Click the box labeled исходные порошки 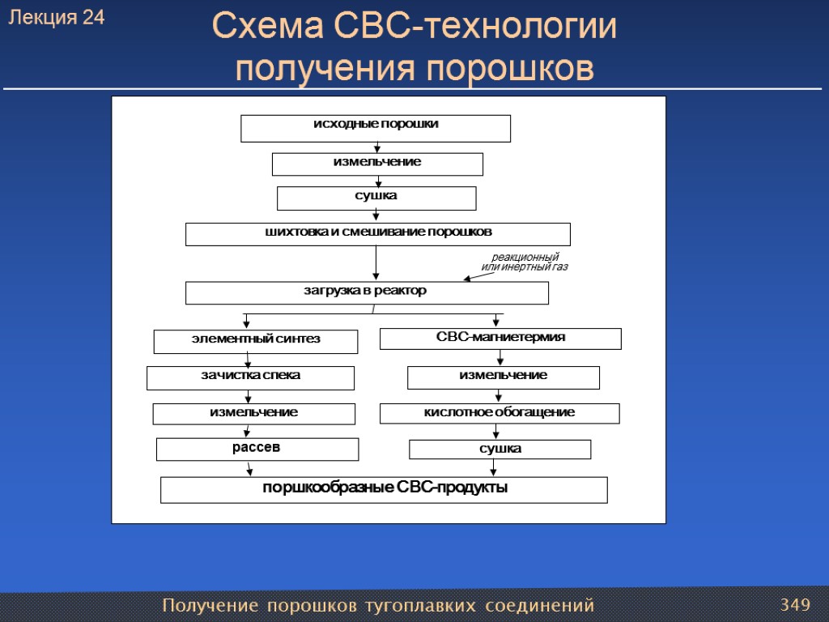376,128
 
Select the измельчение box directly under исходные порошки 377,164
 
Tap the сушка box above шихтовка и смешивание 376,198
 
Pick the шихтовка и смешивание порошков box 378,234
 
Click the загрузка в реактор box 367,292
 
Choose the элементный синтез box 256,341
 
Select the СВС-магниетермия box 500,339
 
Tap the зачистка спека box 250,377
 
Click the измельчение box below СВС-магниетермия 503,377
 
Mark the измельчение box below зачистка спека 254,414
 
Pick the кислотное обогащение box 500,413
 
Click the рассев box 257,449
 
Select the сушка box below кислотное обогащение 500,449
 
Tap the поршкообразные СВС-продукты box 384,489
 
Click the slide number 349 795,604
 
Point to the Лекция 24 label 57,18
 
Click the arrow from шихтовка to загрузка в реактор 376,263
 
